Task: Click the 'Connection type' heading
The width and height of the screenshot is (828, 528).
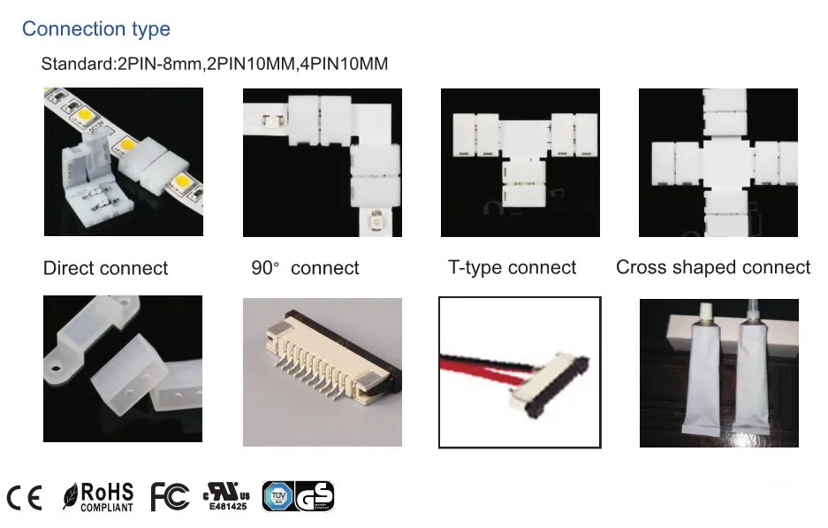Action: [x=95, y=29]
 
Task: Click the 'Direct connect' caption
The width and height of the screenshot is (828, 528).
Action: [x=105, y=268]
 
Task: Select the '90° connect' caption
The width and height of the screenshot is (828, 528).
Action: [x=305, y=268]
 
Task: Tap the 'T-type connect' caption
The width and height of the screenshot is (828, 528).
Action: [x=512, y=267]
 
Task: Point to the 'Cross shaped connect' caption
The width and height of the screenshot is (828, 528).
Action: [x=712, y=267]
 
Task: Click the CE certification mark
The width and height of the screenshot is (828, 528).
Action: [x=24, y=498]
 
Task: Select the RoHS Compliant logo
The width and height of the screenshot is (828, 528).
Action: [x=99, y=497]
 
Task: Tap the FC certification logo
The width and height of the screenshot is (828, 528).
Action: [x=170, y=497]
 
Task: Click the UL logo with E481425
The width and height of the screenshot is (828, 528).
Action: [x=227, y=498]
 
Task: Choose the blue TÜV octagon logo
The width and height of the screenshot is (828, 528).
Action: [x=277, y=497]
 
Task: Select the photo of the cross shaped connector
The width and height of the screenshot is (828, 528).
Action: [x=718, y=162]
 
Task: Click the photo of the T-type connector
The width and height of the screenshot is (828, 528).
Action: [x=520, y=162]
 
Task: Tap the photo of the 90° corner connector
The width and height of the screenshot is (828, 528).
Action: [x=322, y=162]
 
